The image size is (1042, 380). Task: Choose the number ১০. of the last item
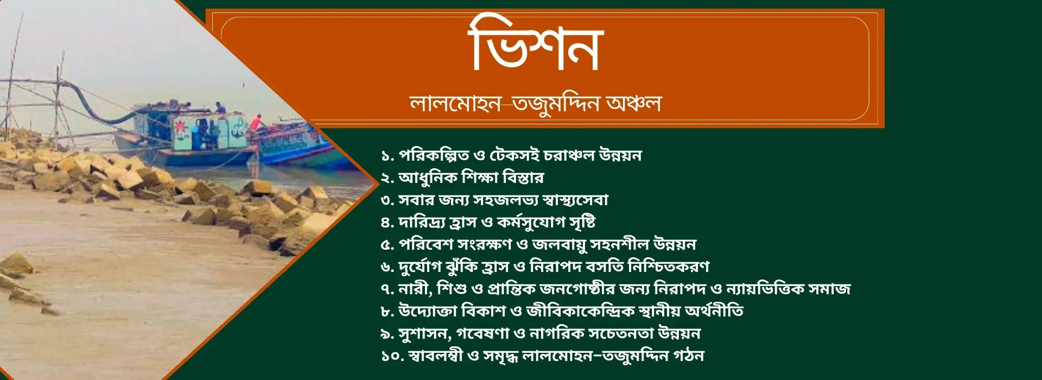click(392, 356)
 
